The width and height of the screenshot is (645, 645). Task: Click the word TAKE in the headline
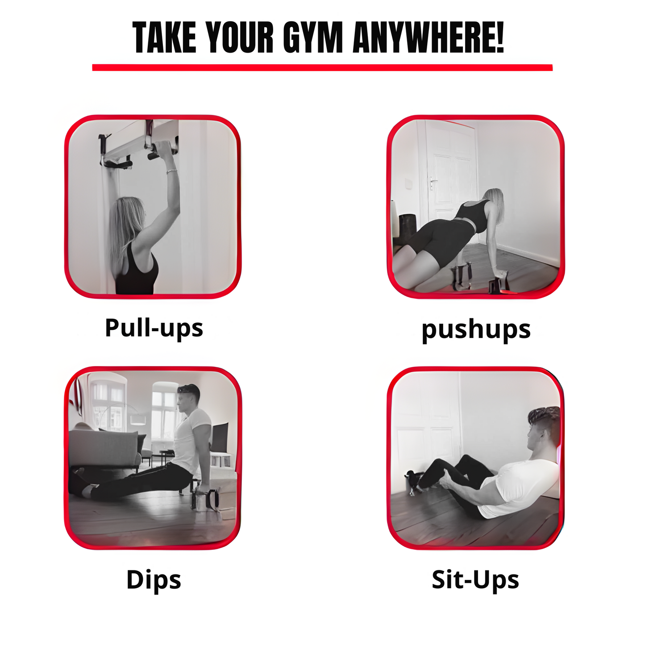(164, 37)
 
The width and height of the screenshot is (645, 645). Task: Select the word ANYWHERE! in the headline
(429, 37)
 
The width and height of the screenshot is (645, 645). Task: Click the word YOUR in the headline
(240, 37)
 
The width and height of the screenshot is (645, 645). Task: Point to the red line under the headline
(322, 67)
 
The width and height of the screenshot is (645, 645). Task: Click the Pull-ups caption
(154, 329)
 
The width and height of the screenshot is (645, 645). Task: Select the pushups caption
(476, 331)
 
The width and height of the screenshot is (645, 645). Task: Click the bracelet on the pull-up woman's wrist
(171, 171)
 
